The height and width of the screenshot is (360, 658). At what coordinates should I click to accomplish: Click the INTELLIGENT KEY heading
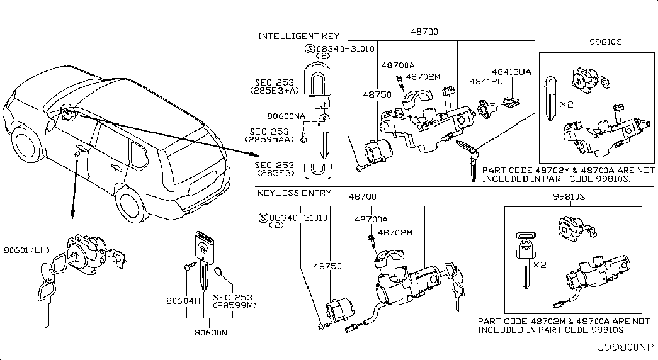tap(298, 37)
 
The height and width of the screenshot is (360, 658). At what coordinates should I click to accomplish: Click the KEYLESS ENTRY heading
tap(294, 192)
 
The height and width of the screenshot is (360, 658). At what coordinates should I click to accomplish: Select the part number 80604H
tap(188, 301)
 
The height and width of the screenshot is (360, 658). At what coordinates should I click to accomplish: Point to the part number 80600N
tap(210, 333)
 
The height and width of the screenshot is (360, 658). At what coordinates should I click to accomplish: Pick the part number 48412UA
tap(511, 72)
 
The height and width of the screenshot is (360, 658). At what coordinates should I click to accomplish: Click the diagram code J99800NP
tap(623, 347)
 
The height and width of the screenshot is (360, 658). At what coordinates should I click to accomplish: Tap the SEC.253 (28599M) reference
tap(232, 300)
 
